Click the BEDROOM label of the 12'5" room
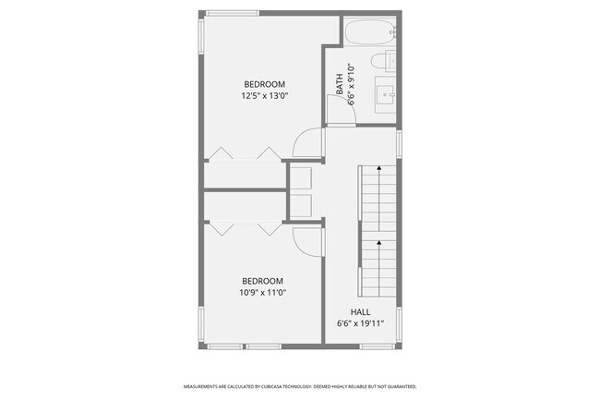click(264, 83)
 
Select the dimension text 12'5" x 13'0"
click(264, 95)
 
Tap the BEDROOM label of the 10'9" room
click(262, 281)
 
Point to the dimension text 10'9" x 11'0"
click(262, 293)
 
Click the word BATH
click(340, 85)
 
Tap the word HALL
click(360, 311)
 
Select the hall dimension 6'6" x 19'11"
click(360, 323)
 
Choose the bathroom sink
click(385, 93)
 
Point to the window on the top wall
click(233, 13)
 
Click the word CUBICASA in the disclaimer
click(270, 386)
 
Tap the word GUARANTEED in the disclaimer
click(401, 386)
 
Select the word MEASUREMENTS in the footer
click(201, 386)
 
